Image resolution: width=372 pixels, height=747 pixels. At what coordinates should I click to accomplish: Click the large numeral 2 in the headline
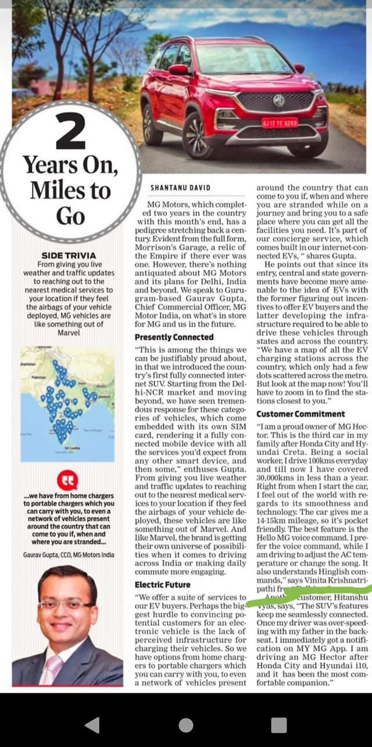[x=70, y=132]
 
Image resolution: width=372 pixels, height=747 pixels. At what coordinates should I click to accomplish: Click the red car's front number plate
[x=280, y=123]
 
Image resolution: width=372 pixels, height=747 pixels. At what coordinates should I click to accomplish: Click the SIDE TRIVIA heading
[x=69, y=255]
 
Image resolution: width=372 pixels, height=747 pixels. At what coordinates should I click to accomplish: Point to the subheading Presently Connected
[x=174, y=337]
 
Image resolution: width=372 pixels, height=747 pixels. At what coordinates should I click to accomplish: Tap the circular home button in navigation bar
[x=186, y=724]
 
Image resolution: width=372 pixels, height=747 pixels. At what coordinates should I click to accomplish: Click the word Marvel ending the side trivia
[x=69, y=333]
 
